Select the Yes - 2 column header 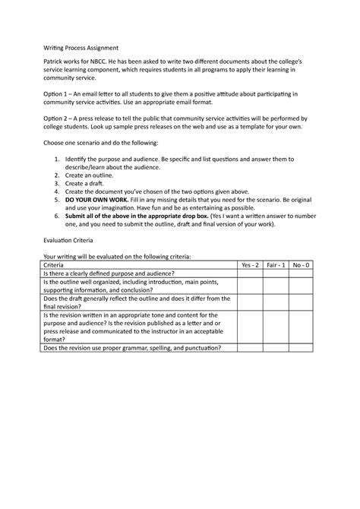coord(250,265)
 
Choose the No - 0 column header coord(302,265)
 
